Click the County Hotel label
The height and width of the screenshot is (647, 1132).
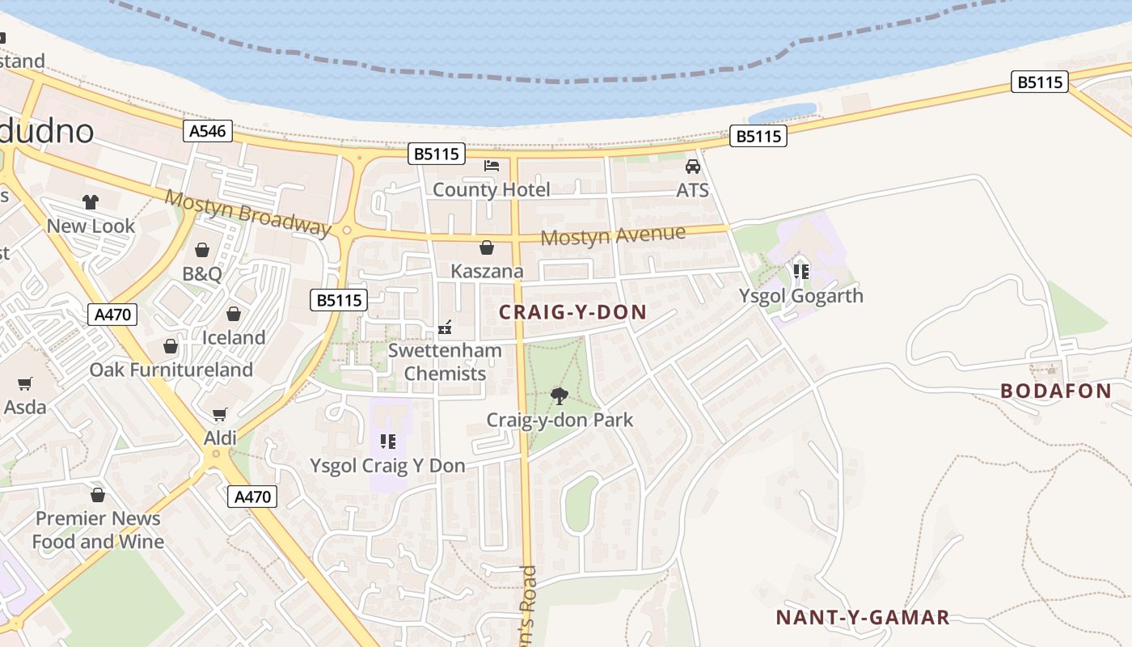click(491, 190)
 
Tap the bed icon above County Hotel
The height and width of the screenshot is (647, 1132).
click(491, 166)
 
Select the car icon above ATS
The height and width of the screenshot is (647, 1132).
click(693, 167)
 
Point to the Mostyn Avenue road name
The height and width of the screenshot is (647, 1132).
click(613, 235)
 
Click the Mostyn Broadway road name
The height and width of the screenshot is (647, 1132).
click(248, 213)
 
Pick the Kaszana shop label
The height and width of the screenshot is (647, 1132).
click(487, 271)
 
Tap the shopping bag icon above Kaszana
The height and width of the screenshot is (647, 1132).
click(487, 247)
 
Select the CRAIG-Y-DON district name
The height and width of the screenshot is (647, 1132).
click(572, 312)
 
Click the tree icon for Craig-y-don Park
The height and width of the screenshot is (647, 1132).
click(559, 395)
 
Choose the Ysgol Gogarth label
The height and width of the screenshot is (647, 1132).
click(800, 296)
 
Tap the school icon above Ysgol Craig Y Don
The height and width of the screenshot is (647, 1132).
click(388, 442)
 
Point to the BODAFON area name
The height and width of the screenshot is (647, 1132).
click(1056, 391)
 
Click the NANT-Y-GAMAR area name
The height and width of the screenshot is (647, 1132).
click(862, 618)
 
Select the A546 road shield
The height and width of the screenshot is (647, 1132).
click(208, 131)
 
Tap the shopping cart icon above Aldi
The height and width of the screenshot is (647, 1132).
click(219, 415)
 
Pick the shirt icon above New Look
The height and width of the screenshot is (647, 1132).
click(90, 202)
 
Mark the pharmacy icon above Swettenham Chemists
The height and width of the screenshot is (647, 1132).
click(444, 328)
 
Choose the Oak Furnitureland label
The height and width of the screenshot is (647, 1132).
click(171, 370)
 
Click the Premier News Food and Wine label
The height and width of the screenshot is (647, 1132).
click(98, 530)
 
